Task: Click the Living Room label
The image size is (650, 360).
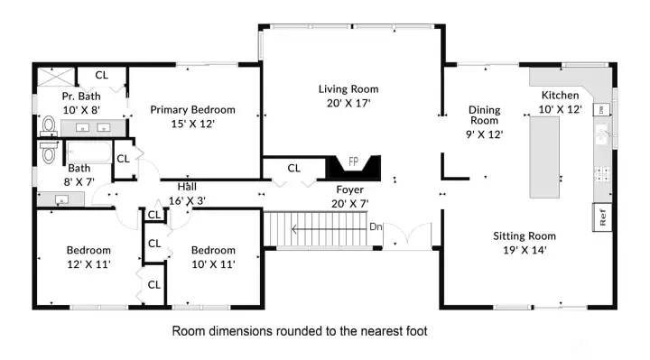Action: click(348, 89)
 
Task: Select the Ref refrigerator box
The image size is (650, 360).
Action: click(601, 217)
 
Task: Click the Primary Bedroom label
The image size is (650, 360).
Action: click(192, 110)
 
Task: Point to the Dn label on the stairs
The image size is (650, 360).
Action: click(376, 226)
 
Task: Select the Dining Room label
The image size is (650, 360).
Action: click(484, 115)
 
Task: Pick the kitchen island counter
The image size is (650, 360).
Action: click(544, 158)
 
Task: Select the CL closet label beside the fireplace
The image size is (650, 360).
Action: click(294, 168)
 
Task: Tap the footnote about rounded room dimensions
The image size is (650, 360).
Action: click(299, 331)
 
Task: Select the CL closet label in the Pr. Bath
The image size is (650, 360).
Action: click(102, 76)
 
